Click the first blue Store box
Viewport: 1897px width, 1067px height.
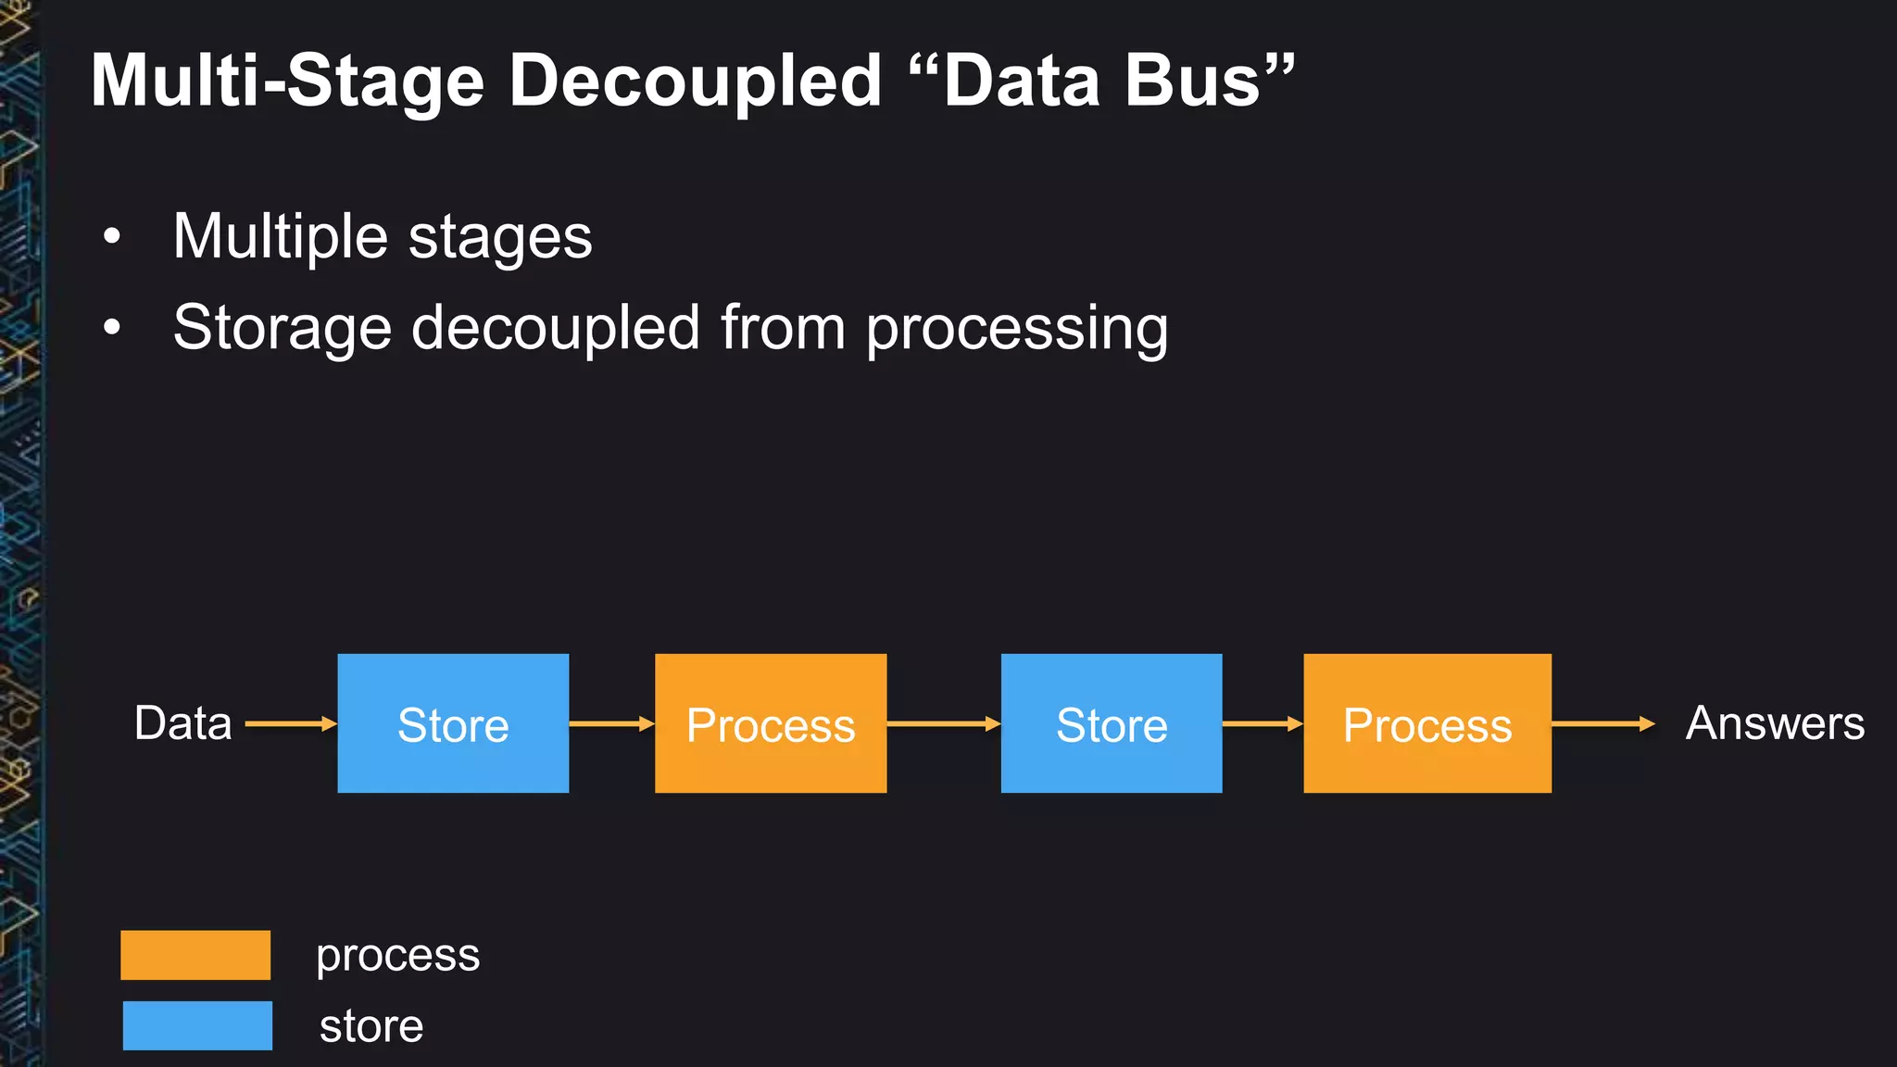coord(453,723)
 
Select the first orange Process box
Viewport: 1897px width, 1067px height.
coord(771,723)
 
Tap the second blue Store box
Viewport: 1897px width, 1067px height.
coord(1112,723)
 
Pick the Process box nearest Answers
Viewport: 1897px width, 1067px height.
coord(1427,723)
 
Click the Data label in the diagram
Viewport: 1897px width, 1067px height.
coord(182,723)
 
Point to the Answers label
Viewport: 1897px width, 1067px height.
coord(1775,723)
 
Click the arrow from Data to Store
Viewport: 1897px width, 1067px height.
coord(290,723)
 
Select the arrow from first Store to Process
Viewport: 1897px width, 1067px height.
coord(611,723)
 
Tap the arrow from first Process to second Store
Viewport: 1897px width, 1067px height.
coord(943,723)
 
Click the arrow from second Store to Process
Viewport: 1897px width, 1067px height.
coord(1263,723)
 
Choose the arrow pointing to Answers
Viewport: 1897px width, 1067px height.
coord(1602,723)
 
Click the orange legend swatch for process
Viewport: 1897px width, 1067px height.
coord(195,955)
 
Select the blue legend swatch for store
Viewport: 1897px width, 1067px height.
coord(197,1025)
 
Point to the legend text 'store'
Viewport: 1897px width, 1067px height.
coord(371,1026)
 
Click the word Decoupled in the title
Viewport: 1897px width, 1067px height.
coord(695,82)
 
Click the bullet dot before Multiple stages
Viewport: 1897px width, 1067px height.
coord(112,236)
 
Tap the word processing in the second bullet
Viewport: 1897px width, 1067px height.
coord(1016,330)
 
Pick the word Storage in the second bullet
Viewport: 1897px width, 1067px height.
coord(282,330)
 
